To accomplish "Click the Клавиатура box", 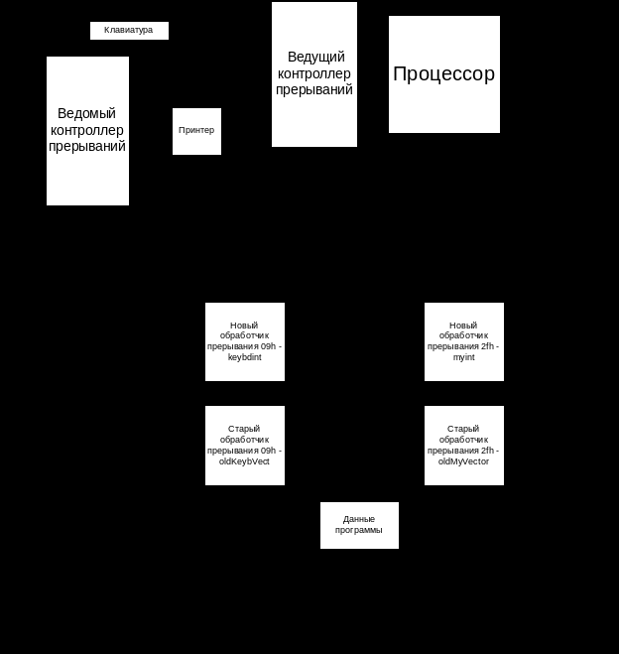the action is [x=129, y=31].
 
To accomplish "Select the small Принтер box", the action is [x=196, y=131].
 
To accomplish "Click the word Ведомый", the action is [x=87, y=114].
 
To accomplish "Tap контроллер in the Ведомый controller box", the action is [x=87, y=130].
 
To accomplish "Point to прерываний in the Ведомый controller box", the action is [x=87, y=146].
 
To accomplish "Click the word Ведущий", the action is [x=314, y=58].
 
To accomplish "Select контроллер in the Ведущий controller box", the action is [x=314, y=73].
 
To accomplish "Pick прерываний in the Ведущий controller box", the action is [x=314, y=89].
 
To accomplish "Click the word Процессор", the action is [x=444, y=74].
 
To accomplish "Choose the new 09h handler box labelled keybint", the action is [x=245, y=341].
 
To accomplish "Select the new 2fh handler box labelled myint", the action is [x=464, y=341].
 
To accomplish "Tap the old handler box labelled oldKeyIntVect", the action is [x=245, y=446].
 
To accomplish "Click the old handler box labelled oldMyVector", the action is [x=464, y=446].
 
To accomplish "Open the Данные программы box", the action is [x=359, y=525].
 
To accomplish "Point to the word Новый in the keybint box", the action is [x=245, y=326].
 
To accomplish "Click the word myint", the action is [x=464, y=357].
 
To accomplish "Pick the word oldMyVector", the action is [x=464, y=461].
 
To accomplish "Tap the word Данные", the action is [x=359, y=519].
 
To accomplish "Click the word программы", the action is [x=359, y=531].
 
